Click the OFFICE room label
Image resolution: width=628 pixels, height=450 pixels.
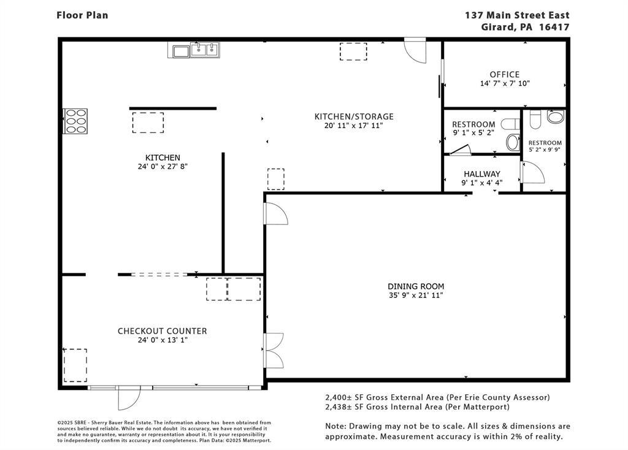(504, 74)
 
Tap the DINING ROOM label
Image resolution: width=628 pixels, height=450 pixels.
(416, 286)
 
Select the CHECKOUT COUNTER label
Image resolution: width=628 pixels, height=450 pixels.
(162, 331)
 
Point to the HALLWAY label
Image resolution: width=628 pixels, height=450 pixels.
(482, 174)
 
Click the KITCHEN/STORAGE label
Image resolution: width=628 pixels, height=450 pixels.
(354, 116)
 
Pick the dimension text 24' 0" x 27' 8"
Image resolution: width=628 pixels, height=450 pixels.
(163, 167)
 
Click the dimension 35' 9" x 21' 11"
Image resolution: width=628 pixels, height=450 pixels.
(416, 296)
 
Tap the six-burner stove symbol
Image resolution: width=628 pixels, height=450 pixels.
(75, 121)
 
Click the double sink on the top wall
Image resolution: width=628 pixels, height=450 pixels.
(205, 50)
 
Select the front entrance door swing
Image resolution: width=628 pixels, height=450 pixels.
(129, 398)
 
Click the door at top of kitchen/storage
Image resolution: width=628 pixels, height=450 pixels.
(415, 50)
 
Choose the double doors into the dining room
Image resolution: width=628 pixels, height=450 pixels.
(274, 350)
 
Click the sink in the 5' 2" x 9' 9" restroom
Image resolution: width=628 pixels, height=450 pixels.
(556, 117)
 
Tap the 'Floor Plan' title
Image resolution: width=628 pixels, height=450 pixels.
(82, 15)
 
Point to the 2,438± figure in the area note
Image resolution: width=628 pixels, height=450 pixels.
(339, 407)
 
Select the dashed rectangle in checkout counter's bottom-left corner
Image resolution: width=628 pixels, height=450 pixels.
(75, 365)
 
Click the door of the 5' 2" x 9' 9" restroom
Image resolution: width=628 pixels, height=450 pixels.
(532, 172)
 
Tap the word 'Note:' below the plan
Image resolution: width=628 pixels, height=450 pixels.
(335, 426)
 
